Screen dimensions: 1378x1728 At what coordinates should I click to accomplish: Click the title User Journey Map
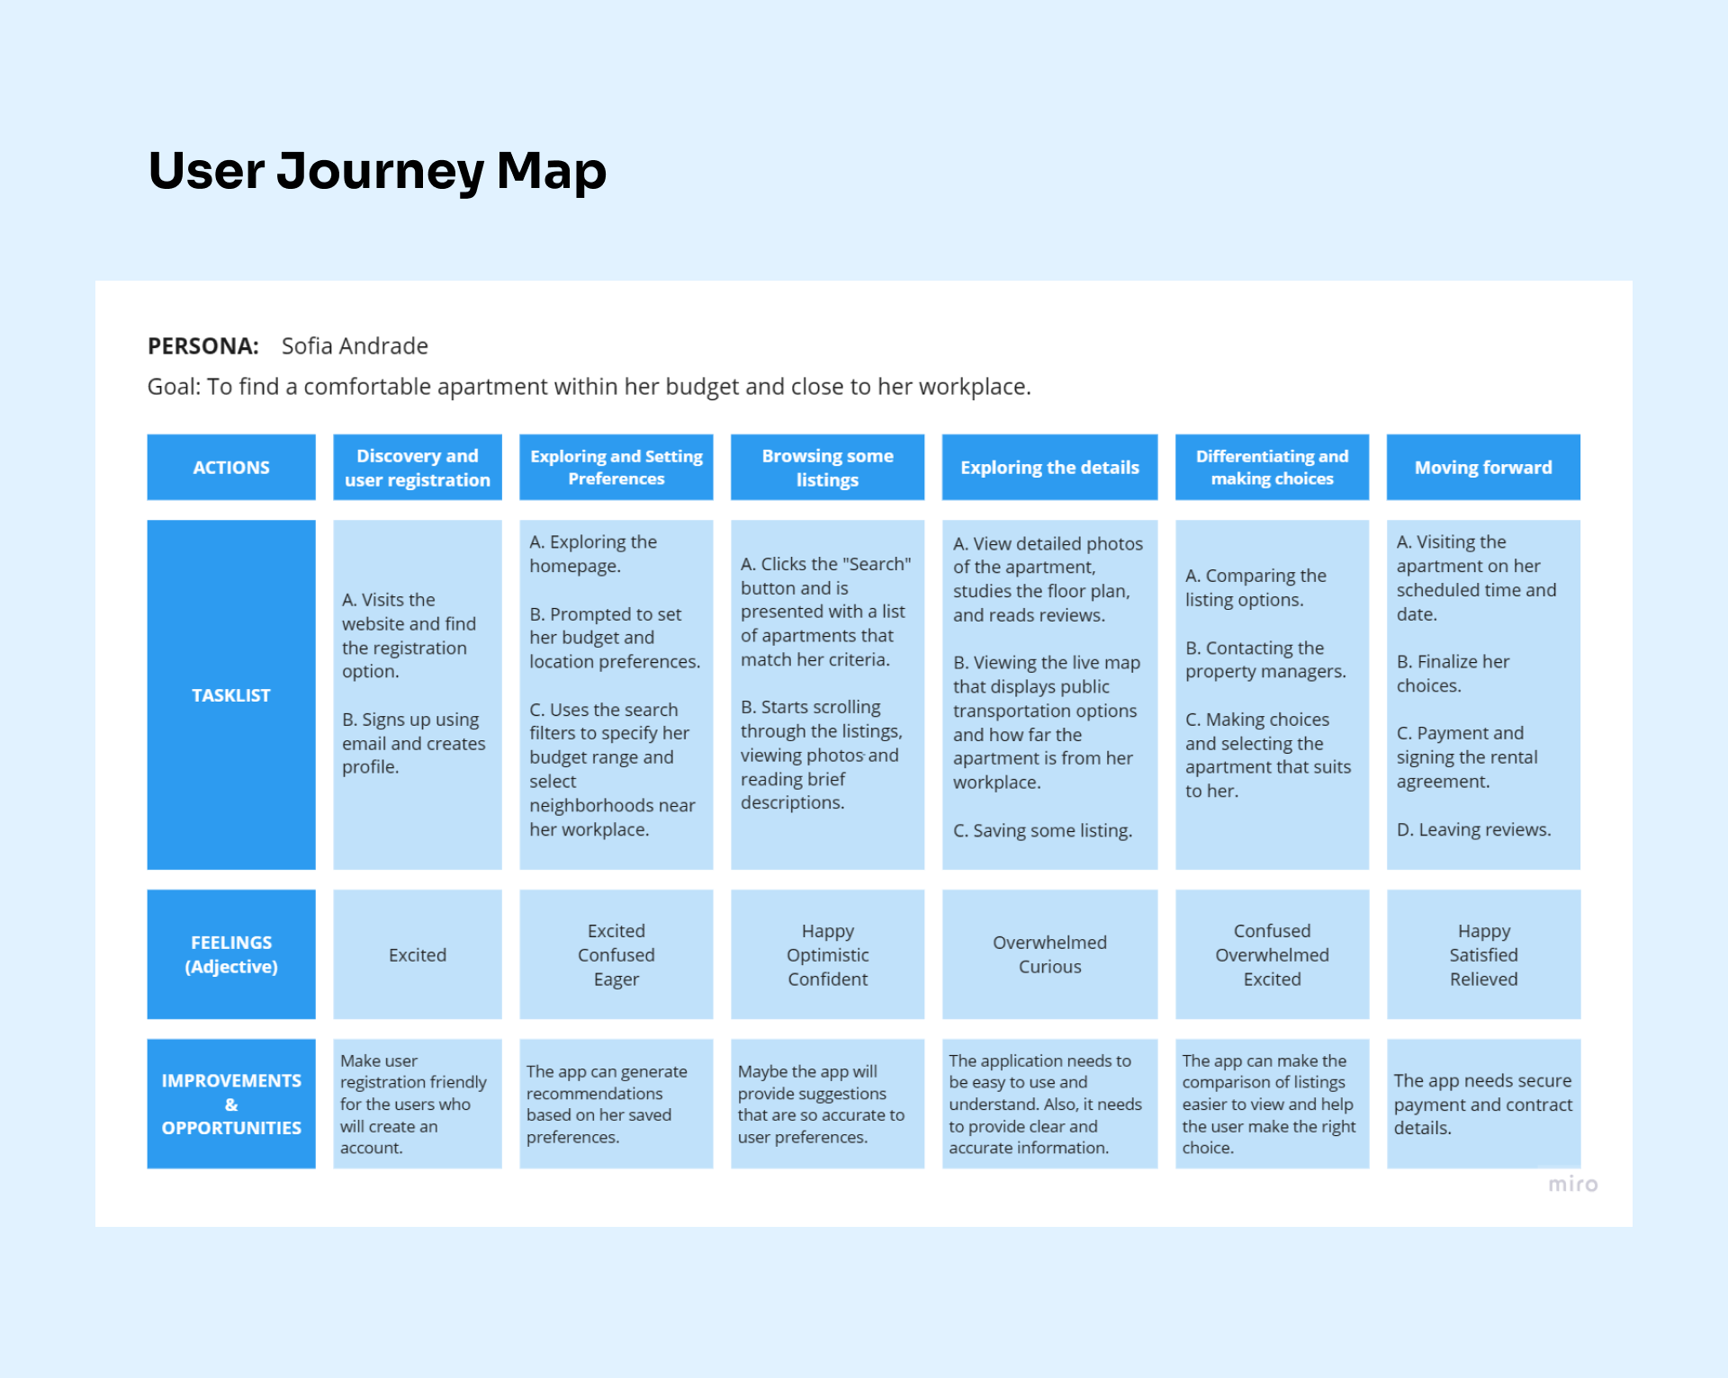coord(377,171)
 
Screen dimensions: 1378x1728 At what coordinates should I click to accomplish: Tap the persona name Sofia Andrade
coord(355,346)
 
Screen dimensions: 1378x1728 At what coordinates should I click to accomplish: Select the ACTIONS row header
coord(231,468)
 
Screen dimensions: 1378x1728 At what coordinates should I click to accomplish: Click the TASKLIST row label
coord(231,695)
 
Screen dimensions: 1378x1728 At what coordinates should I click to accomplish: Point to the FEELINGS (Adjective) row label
coord(231,954)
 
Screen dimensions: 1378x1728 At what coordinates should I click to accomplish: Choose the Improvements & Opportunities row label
coord(231,1104)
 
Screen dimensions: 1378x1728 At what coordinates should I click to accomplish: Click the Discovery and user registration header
coord(418,468)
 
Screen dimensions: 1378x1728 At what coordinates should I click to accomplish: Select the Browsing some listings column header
coord(827,468)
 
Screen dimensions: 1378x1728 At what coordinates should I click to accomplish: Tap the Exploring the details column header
coord(1049,468)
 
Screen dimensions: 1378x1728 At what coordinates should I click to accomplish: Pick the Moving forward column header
coord(1483,468)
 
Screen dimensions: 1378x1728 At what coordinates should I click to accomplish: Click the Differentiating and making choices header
coord(1272,468)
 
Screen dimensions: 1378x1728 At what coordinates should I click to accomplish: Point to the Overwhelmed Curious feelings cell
coord(1049,954)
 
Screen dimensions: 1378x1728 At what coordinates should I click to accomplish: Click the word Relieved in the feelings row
coord(1483,980)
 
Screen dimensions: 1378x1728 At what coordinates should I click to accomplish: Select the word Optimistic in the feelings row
coord(827,955)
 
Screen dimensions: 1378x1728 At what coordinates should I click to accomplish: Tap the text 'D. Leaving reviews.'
coord(1473,830)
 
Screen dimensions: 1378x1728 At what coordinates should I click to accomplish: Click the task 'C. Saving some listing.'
coord(1042,831)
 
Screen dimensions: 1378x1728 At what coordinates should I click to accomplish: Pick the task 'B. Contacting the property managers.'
coord(1265,659)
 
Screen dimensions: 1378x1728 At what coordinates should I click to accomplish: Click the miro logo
coord(1572,1185)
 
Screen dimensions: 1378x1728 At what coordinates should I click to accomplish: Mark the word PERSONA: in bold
coord(203,346)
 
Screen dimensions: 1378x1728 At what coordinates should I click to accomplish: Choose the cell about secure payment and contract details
coord(1483,1104)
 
